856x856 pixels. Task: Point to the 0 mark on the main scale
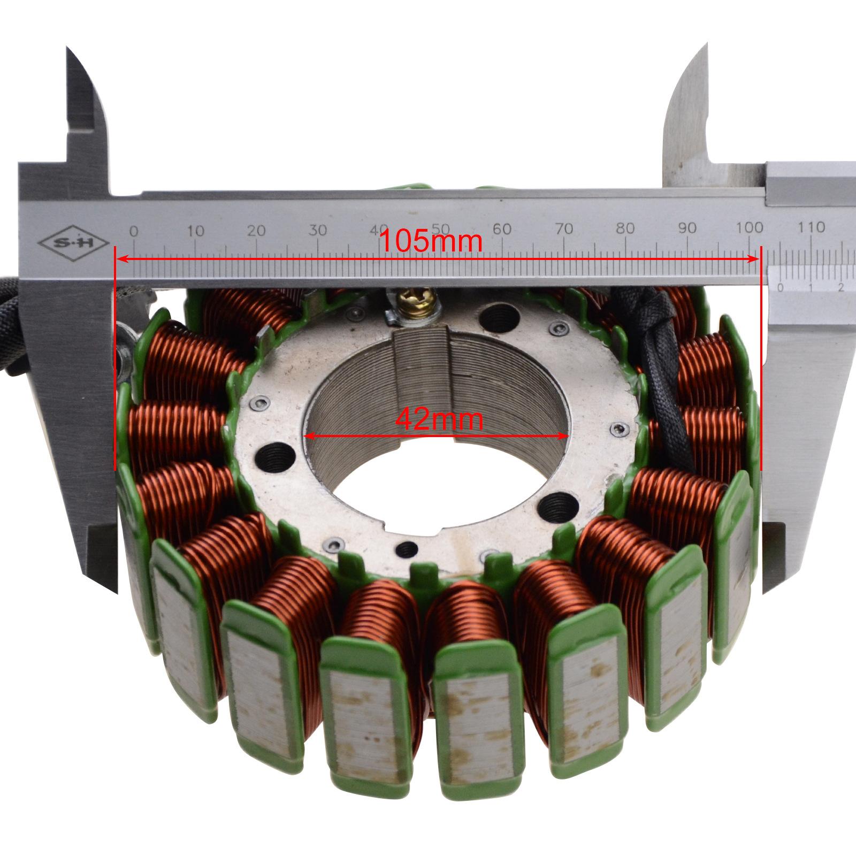[x=134, y=231]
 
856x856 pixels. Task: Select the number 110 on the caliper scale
[x=811, y=227]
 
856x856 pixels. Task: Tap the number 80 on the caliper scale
[x=625, y=228]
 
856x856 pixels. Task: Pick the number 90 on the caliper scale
[x=687, y=228]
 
